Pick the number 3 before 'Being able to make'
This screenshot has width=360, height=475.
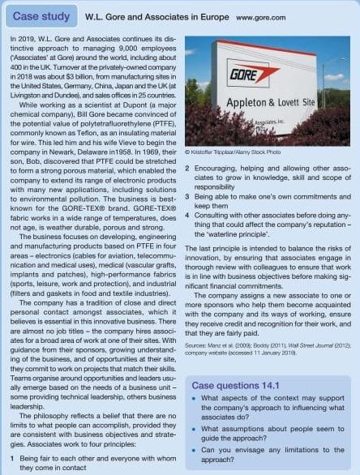pos(188,195)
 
